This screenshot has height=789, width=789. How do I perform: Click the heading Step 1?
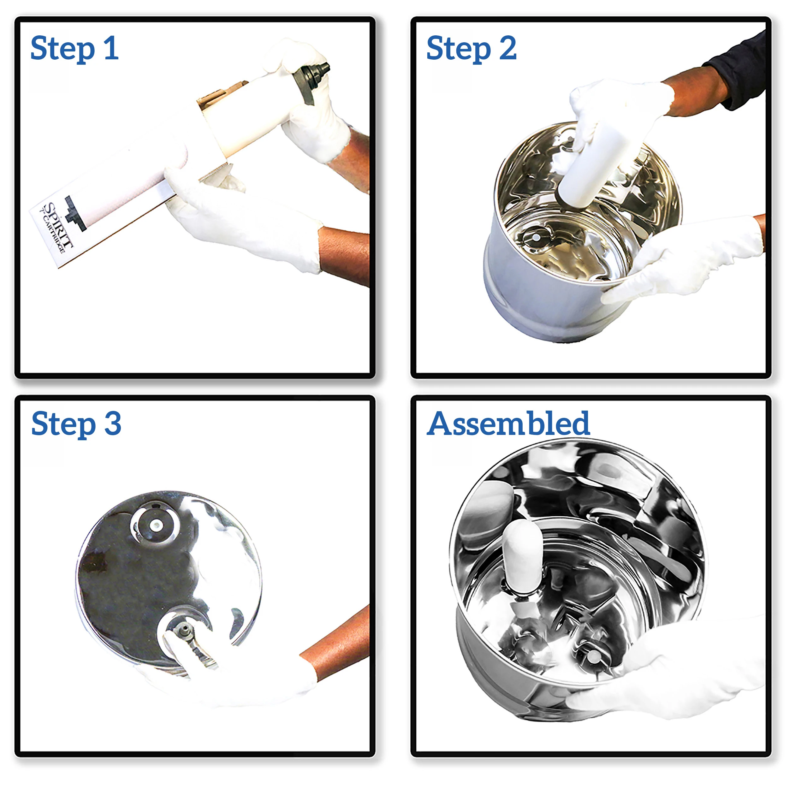75,49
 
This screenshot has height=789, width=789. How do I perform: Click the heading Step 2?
471,49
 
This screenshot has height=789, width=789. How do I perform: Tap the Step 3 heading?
76,424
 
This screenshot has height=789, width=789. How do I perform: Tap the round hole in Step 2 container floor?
535,237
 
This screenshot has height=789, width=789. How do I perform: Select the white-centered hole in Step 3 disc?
155,525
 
